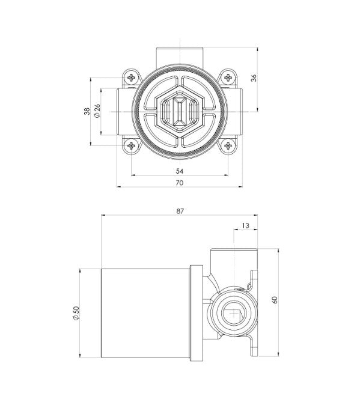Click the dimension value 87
[180, 211]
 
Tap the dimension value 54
[180, 171]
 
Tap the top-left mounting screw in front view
[132, 77]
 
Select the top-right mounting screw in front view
[228, 77]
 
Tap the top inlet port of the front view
[180, 55]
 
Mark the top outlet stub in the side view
[233, 258]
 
